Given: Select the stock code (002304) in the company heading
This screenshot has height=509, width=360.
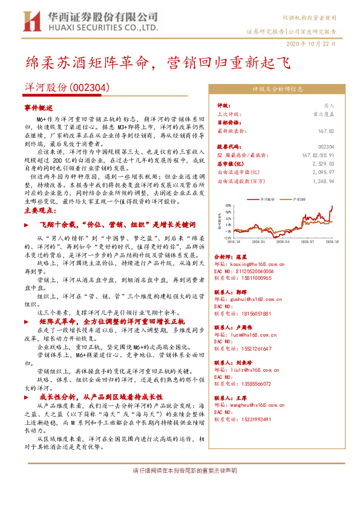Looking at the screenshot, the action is [90, 87].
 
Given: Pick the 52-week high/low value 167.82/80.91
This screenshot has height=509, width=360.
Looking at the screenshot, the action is [316, 155].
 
